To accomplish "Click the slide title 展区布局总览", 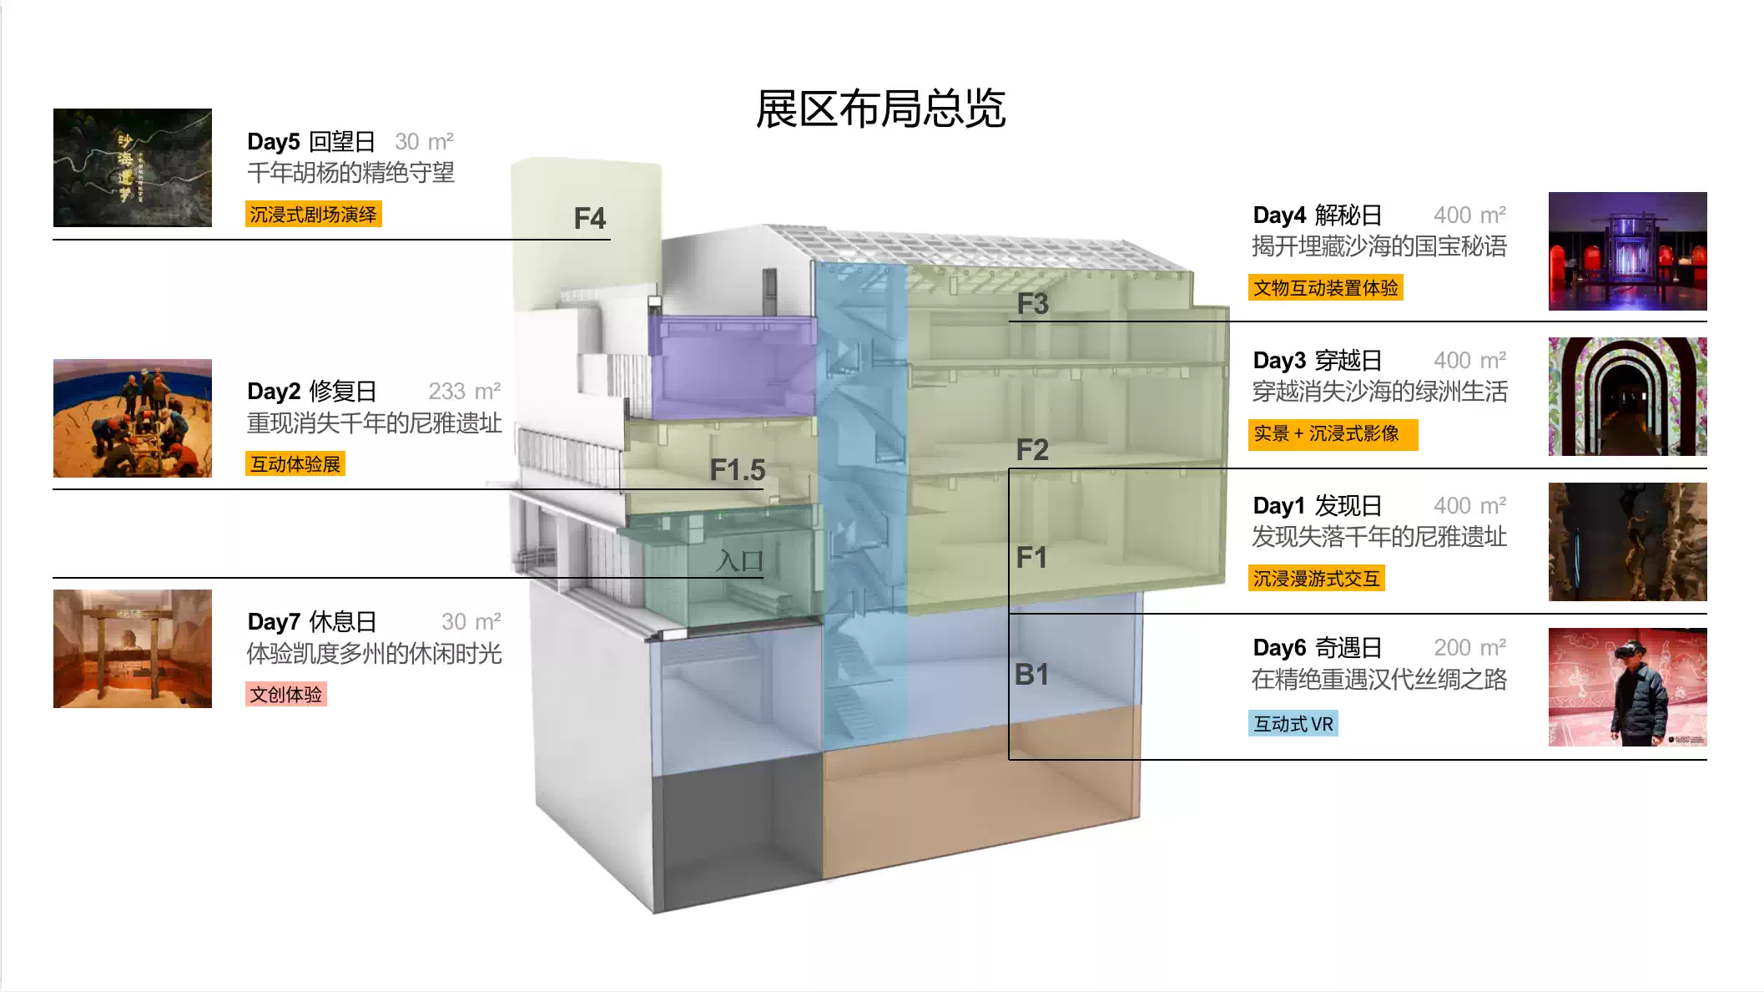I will (880, 109).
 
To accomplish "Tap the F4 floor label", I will (589, 219).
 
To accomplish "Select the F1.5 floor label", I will (737, 470).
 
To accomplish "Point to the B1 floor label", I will (1031, 675).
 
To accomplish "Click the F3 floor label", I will (1032, 304).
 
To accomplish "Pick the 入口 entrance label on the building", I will (739, 561).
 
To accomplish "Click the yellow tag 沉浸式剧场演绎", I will (313, 215).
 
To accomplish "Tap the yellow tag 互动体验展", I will (295, 464).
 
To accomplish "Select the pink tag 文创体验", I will (285, 695).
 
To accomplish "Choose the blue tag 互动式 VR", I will (1293, 724).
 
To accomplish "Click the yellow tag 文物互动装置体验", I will (1325, 288).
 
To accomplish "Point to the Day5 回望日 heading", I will (311, 142).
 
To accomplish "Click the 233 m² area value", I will (464, 392).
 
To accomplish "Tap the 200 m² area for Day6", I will (1469, 648).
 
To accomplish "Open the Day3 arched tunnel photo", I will (1627, 397).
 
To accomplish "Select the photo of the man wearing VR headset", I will (1627, 687).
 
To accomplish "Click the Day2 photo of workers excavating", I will (133, 418).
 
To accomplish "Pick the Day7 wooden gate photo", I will (133, 649).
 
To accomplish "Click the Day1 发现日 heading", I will (1317, 506).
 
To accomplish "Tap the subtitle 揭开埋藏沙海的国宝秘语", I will (1378, 246).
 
